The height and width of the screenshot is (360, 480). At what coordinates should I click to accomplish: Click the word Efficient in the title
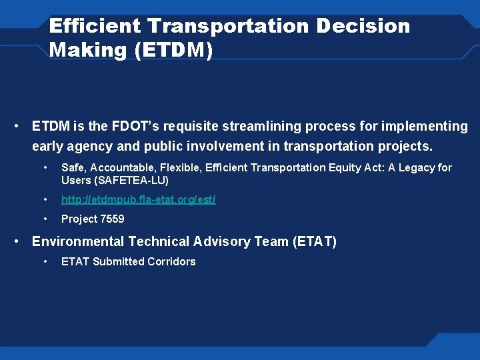(x=95, y=27)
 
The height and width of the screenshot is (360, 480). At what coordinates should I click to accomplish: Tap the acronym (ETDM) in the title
(x=173, y=51)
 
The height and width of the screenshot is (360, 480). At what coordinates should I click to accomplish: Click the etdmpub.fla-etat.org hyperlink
(x=138, y=199)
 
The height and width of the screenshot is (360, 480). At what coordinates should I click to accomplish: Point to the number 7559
(x=112, y=219)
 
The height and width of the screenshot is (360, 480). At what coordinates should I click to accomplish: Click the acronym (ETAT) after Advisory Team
(x=315, y=241)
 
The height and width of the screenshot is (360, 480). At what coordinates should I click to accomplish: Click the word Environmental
(x=78, y=241)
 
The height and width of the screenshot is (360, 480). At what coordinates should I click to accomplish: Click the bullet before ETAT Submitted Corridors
(x=45, y=261)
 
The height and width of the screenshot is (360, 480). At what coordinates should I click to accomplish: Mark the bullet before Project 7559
(x=45, y=219)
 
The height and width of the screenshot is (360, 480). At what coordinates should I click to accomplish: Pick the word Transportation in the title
(x=229, y=27)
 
